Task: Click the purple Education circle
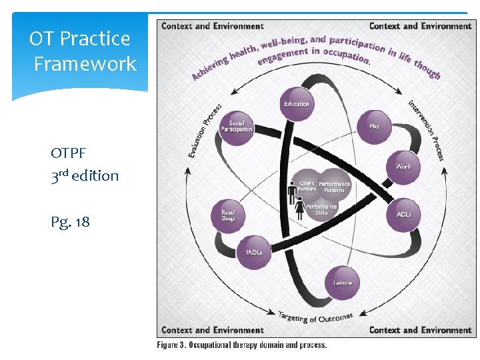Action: (x=297, y=104)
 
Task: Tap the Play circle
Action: (x=374, y=126)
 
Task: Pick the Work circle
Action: (x=403, y=167)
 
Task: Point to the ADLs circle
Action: (x=403, y=215)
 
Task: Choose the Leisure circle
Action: (x=343, y=283)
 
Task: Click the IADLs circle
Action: (x=254, y=253)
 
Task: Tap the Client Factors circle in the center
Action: (x=307, y=186)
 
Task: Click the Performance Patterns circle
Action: (x=334, y=187)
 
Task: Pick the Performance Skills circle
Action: (x=321, y=209)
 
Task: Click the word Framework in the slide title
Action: (x=85, y=64)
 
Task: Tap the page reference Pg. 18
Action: (x=70, y=221)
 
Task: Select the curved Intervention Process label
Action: (x=427, y=130)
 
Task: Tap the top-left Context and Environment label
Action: (x=213, y=26)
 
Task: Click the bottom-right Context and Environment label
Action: (x=420, y=330)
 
